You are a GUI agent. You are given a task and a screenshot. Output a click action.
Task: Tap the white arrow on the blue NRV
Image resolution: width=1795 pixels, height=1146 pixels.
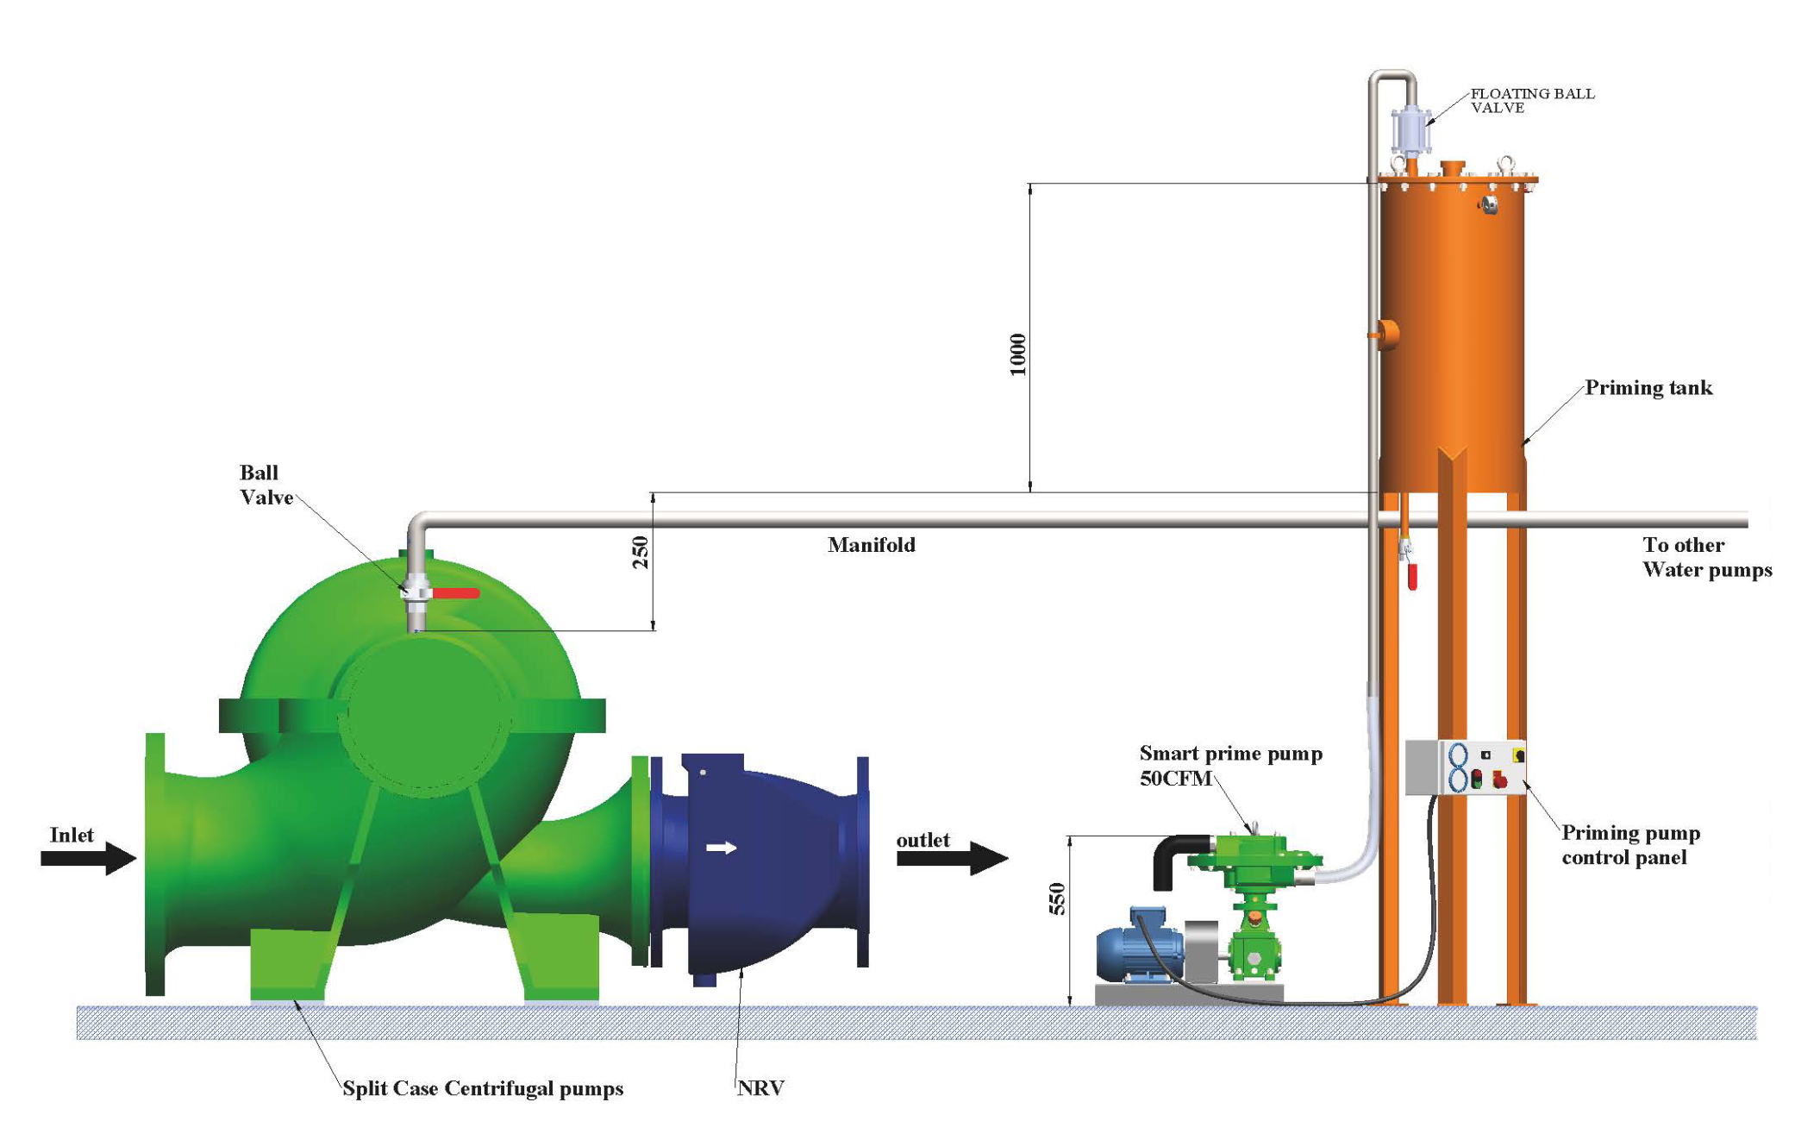(721, 848)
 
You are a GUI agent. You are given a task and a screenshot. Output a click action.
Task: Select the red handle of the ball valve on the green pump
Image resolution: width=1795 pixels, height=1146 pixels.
(455, 593)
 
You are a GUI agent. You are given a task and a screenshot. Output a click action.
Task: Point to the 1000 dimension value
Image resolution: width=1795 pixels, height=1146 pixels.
(1017, 354)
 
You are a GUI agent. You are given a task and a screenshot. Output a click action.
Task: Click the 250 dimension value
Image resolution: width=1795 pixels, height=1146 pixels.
(640, 553)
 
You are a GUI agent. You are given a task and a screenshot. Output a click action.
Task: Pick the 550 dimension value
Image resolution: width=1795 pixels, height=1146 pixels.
(1056, 899)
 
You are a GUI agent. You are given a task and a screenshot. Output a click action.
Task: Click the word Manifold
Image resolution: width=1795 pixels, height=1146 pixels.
(871, 545)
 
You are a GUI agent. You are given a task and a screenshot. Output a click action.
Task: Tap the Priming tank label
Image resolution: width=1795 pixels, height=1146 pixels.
(1648, 388)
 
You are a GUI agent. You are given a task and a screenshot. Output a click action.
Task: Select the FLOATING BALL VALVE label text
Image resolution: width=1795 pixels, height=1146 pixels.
(1531, 100)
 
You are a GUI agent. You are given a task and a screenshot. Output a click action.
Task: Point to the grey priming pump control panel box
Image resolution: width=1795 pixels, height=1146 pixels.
(1464, 767)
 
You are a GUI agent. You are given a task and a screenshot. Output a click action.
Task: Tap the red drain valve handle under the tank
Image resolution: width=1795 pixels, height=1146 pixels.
(1411, 576)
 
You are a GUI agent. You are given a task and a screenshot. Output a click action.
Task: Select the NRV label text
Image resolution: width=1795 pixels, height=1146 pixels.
(760, 1088)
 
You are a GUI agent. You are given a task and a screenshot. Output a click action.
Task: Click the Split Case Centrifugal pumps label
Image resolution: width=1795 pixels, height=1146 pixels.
(483, 1088)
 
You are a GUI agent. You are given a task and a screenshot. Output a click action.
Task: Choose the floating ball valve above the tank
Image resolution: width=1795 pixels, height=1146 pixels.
(1410, 129)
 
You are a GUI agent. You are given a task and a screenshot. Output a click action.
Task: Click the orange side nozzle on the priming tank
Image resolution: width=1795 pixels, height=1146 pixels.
(1385, 333)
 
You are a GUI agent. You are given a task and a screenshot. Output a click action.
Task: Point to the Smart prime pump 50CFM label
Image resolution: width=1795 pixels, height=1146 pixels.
(1229, 766)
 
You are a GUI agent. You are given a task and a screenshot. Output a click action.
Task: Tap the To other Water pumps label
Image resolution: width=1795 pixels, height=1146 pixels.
(1706, 557)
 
